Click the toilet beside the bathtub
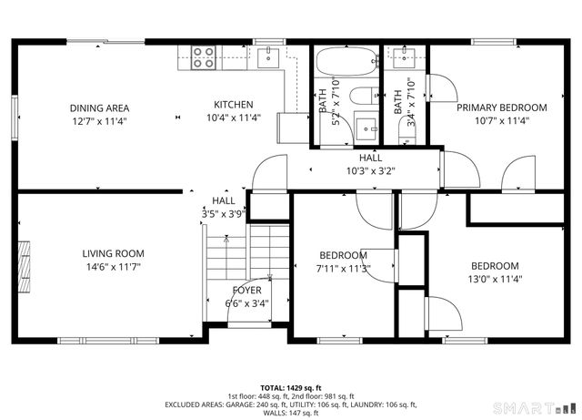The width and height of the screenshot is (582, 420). pyautogui.click(x=364, y=96)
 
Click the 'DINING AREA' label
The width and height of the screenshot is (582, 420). pyautogui.click(x=99, y=108)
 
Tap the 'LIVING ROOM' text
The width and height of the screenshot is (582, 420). pyautogui.click(x=113, y=253)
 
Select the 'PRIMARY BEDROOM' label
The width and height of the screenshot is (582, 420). pyautogui.click(x=501, y=108)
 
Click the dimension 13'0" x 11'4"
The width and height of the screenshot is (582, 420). pyautogui.click(x=495, y=280)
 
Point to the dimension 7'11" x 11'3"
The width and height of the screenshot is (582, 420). pyautogui.click(x=343, y=268)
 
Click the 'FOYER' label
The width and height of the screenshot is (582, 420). pyautogui.click(x=246, y=291)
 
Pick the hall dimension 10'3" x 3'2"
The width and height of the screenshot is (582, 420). pyautogui.click(x=370, y=170)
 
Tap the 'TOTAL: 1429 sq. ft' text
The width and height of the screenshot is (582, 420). pyautogui.click(x=290, y=387)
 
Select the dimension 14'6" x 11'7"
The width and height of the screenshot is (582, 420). pyautogui.click(x=113, y=267)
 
